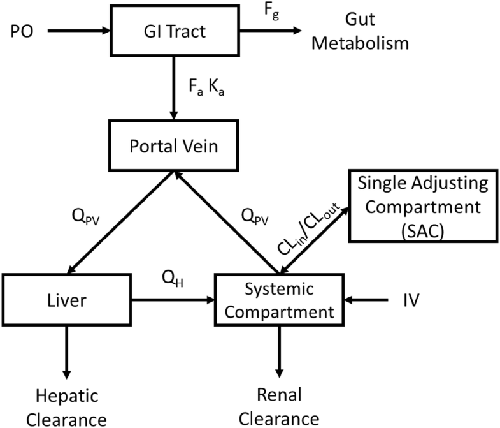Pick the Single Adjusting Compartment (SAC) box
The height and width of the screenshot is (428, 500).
pos(421,208)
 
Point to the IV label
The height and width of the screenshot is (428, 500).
pos(412,299)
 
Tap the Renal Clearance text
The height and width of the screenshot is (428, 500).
pos(278,407)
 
